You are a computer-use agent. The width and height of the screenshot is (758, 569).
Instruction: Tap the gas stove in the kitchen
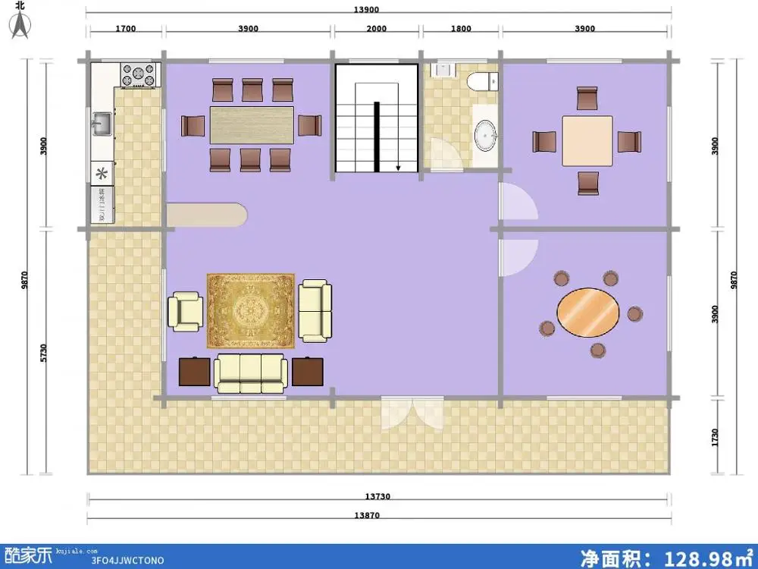click(x=139, y=75)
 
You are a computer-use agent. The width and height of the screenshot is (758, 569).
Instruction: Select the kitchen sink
click(x=102, y=123)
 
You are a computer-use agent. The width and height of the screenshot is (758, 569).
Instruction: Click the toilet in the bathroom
click(x=481, y=80)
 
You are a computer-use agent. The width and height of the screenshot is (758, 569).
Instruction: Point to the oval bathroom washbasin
click(x=484, y=135)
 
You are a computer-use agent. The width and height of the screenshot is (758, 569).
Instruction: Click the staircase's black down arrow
click(x=396, y=165)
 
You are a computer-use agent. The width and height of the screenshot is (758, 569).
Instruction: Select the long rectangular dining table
click(x=251, y=124)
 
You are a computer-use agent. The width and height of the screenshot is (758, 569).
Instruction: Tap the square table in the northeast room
click(x=587, y=141)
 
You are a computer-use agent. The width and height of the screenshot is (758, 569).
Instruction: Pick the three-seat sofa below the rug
click(x=250, y=372)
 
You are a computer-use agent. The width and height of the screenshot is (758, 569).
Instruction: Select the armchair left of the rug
click(x=186, y=311)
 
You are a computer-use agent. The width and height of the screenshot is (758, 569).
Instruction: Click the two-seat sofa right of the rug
click(x=315, y=310)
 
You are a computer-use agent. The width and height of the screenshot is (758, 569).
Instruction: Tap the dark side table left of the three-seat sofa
click(x=195, y=372)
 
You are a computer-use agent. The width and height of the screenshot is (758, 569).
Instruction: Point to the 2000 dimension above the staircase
click(x=377, y=29)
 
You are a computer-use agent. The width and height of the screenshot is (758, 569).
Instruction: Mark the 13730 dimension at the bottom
click(x=377, y=496)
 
